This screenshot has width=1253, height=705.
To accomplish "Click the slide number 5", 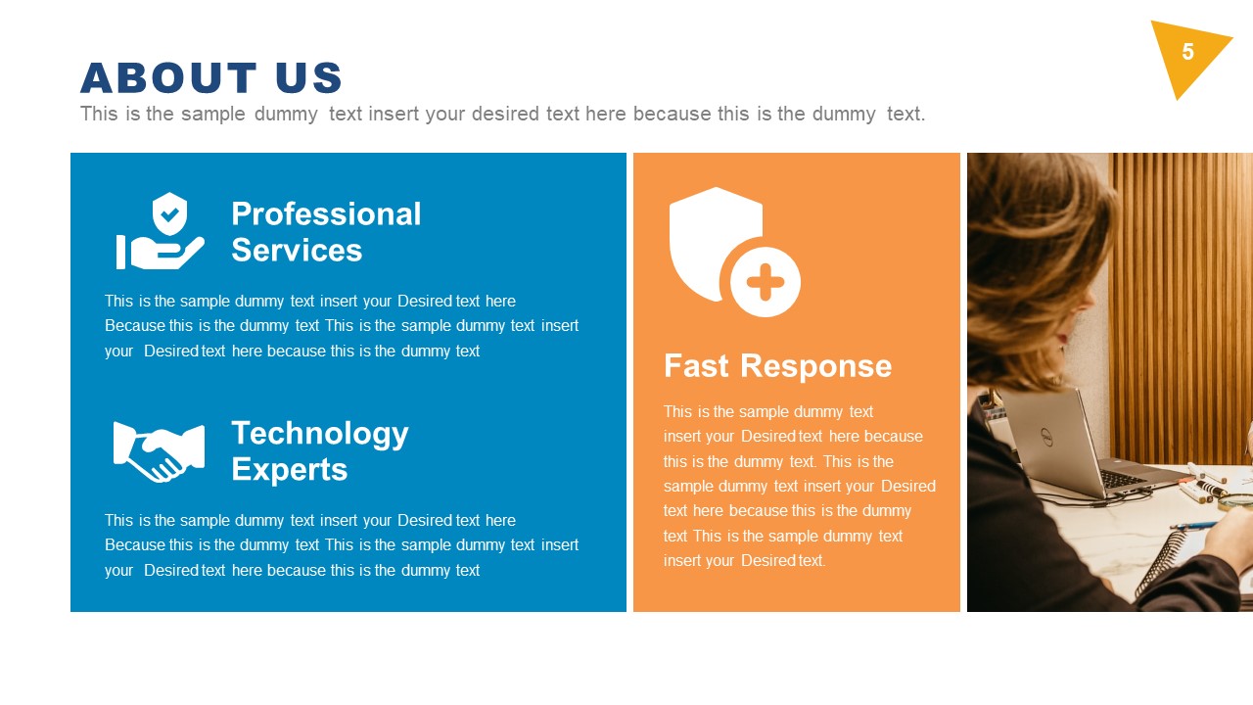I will [1187, 53].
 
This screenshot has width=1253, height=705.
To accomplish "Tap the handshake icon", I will [159, 451].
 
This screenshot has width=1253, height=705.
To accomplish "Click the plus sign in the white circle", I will [766, 283].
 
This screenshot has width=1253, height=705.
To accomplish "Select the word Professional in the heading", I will [326, 213].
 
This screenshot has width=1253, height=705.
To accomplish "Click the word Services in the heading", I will [297, 251].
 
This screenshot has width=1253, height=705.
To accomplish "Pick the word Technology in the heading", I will [319, 433].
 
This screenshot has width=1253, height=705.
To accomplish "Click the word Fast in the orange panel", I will [696, 366].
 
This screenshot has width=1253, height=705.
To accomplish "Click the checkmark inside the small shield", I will [170, 213].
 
